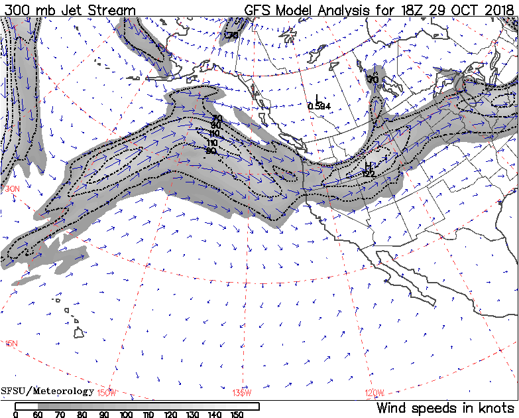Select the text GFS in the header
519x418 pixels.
pyautogui.click(x=260, y=11)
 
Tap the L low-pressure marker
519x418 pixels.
pyautogui.click(x=317, y=98)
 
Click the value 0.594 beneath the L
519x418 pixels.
pyautogui.click(x=319, y=106)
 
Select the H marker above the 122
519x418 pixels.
pyautogui.click(x=368, y=166)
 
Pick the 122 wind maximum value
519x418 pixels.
pyautogui.click(x=369, y=174)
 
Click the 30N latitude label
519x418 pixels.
pyautogui.click(x=13, y=189)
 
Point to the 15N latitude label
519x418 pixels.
pyautogui.click(x=11, y=343)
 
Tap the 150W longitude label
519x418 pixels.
pyautogui.click(x=107, y=393)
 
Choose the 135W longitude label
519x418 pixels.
pyautogui.click(x=243, y=393)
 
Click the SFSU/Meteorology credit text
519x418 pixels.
pyautogui.click(x=48, y=391)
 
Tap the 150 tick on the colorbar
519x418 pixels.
pyautogui.click(x=237, y=414)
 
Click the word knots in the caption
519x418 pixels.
pyautogui.click(x=496, y=407)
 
